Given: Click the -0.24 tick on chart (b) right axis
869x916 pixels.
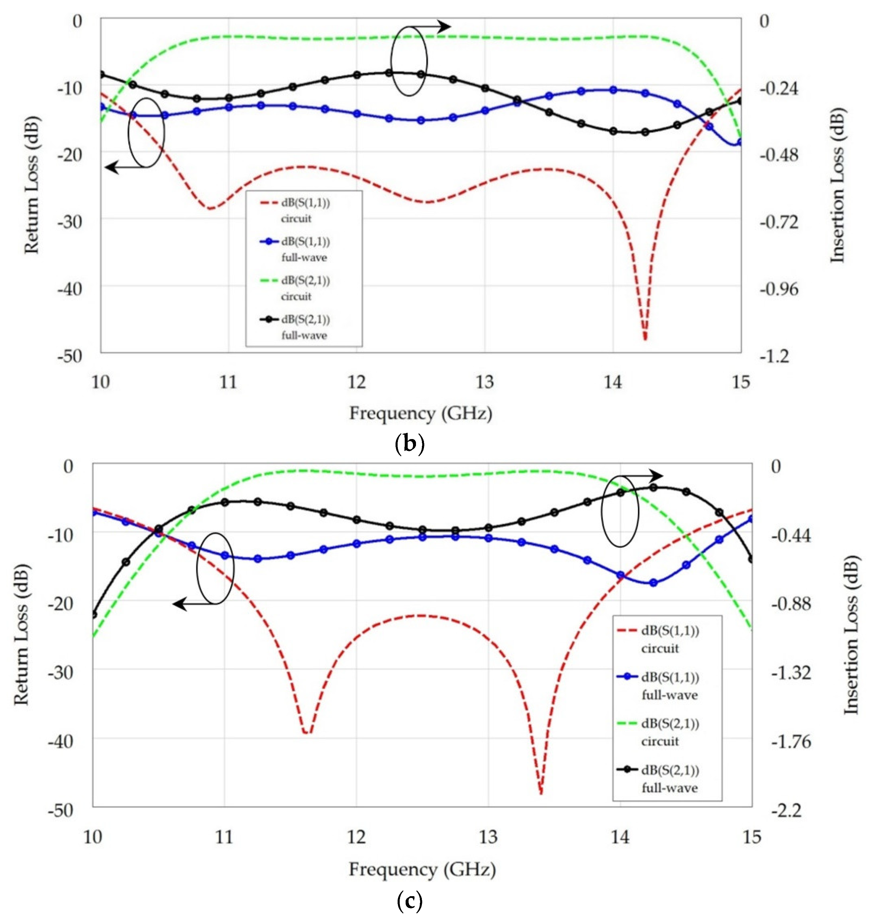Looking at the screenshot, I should coord(779,88).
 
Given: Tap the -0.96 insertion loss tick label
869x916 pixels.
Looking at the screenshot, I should coord(779,289).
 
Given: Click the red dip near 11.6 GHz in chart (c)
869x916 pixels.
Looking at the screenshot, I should coord(308,732).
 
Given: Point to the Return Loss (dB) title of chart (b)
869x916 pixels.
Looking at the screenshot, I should coord(31,185).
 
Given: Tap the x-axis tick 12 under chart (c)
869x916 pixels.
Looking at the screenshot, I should coord(356,837).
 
